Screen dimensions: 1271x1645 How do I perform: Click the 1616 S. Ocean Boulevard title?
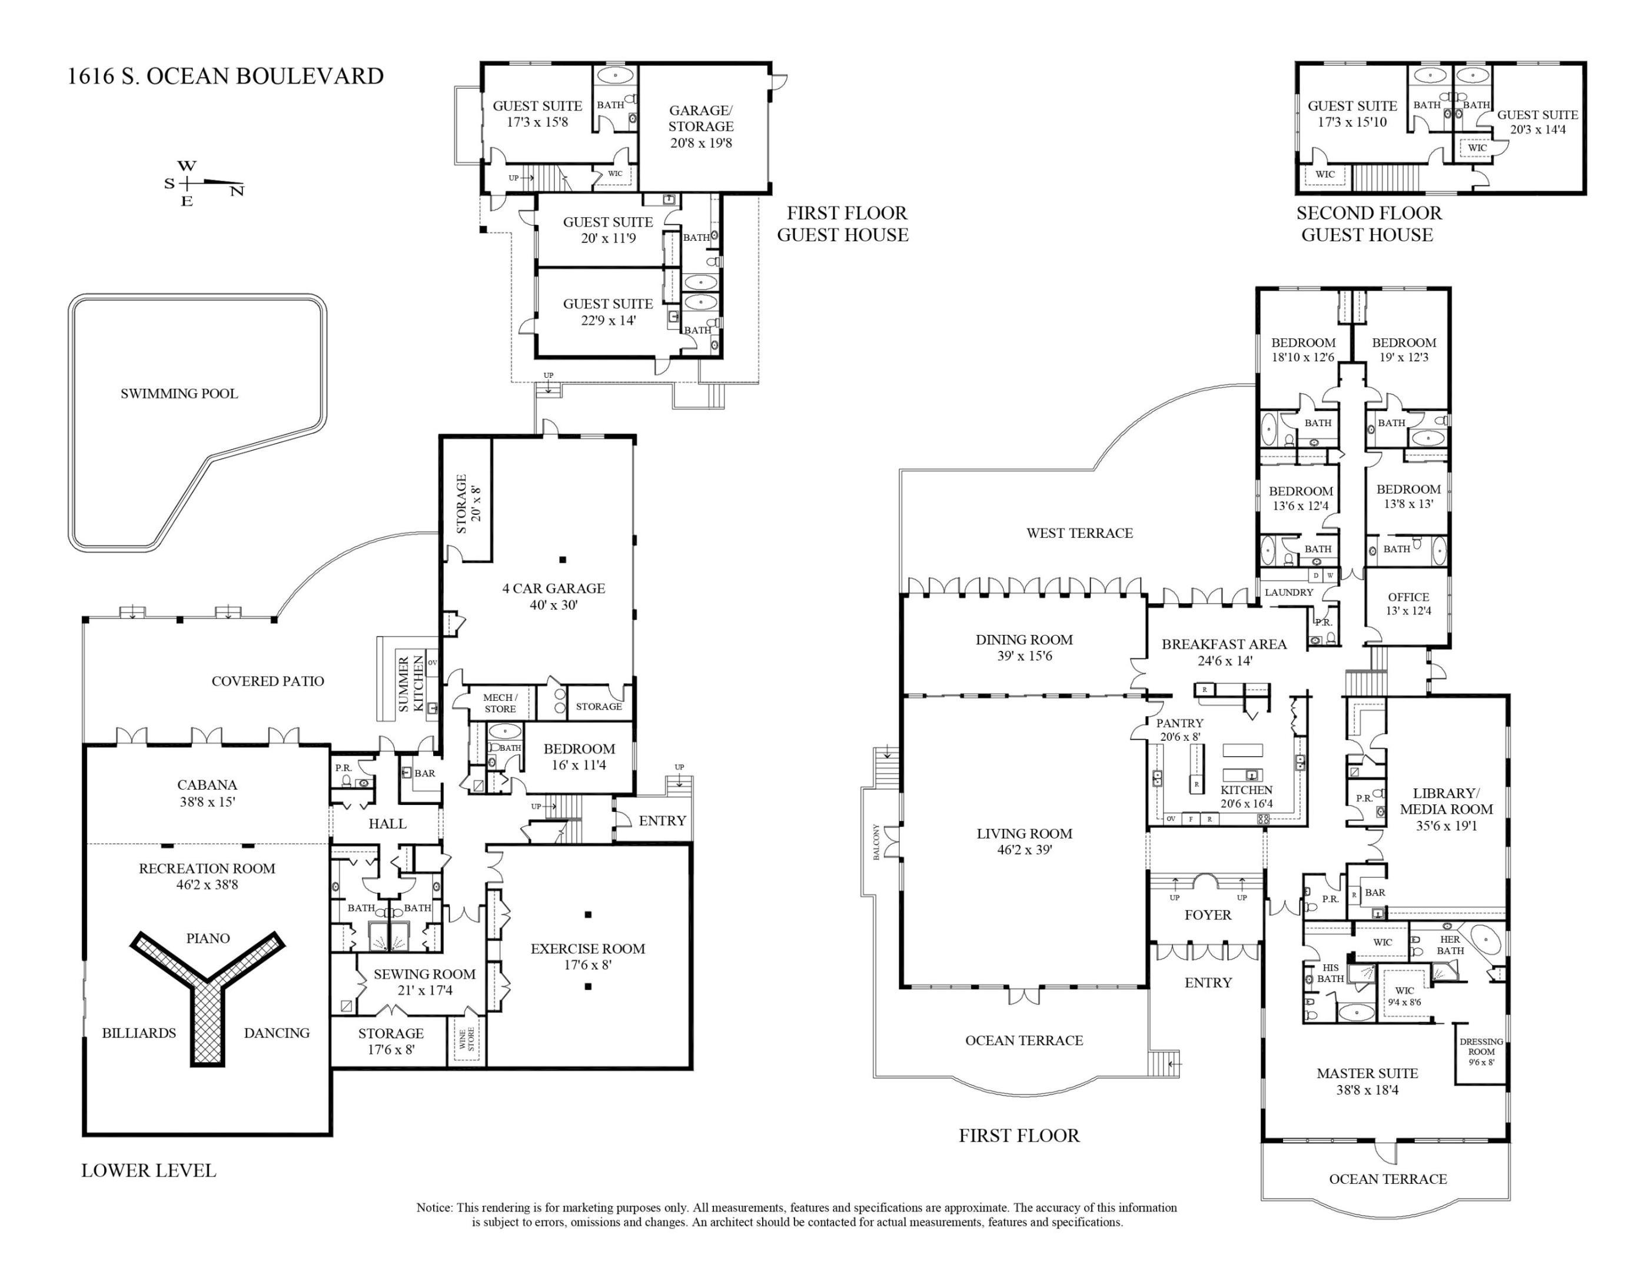coord(225,76)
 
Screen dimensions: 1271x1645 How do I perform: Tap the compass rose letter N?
coord(237,192)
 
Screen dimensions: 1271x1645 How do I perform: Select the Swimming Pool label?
coord(180,393)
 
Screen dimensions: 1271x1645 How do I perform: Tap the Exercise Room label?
coord(587,949)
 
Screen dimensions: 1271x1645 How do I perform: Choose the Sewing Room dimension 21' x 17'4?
coord(425,990)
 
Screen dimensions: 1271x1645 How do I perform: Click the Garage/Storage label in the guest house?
coord(700,118)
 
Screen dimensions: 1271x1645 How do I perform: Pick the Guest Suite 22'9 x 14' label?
coord(608,312)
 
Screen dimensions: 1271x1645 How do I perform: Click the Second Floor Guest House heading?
coord(1368,224)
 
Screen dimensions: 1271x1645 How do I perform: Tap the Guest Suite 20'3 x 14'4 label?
coord(1537,122)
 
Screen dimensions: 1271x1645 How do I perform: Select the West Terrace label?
coord(1079,533)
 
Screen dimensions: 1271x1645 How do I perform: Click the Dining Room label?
coord(1023,640)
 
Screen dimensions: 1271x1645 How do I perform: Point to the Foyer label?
coord(1207,915)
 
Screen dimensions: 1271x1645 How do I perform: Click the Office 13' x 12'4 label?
coord(1408,604)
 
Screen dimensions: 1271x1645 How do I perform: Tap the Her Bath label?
coord(1450,945)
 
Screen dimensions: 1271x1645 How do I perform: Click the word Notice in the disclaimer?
coord(434,1208)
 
